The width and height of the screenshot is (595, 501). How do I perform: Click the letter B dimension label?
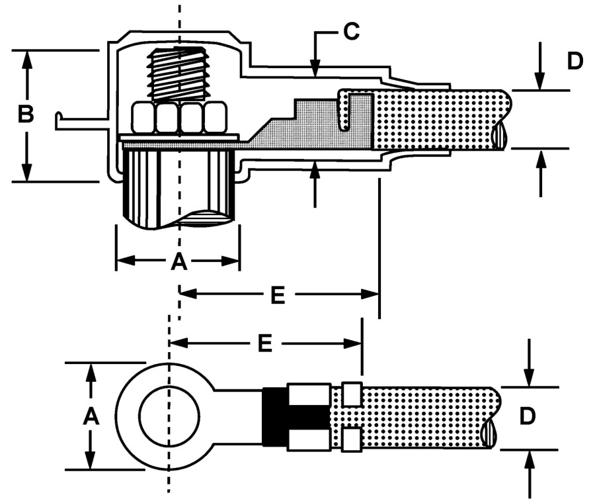25,115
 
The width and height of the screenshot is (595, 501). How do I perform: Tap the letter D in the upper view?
575,62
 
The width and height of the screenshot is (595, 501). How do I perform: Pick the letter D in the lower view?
527,417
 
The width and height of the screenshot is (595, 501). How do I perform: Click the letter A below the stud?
178,262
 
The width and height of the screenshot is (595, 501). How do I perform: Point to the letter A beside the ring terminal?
91,416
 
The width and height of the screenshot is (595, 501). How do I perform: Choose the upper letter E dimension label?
278,296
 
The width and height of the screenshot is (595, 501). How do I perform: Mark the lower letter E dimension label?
264,343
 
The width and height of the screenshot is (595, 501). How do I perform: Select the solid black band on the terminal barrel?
275,416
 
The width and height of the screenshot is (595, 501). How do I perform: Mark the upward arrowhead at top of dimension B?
27,57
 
